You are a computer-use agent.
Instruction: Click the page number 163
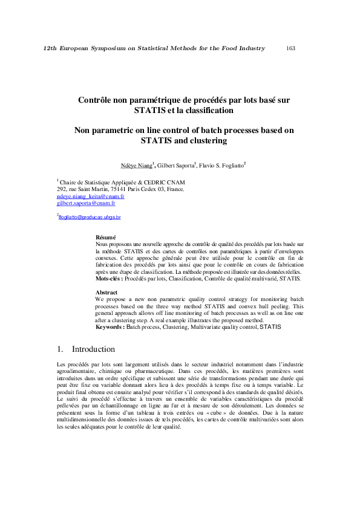[290, 48]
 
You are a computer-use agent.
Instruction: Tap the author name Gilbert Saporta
[175, 165]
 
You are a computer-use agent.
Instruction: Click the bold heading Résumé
[106, 237]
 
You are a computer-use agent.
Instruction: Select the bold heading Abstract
[106, 292]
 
